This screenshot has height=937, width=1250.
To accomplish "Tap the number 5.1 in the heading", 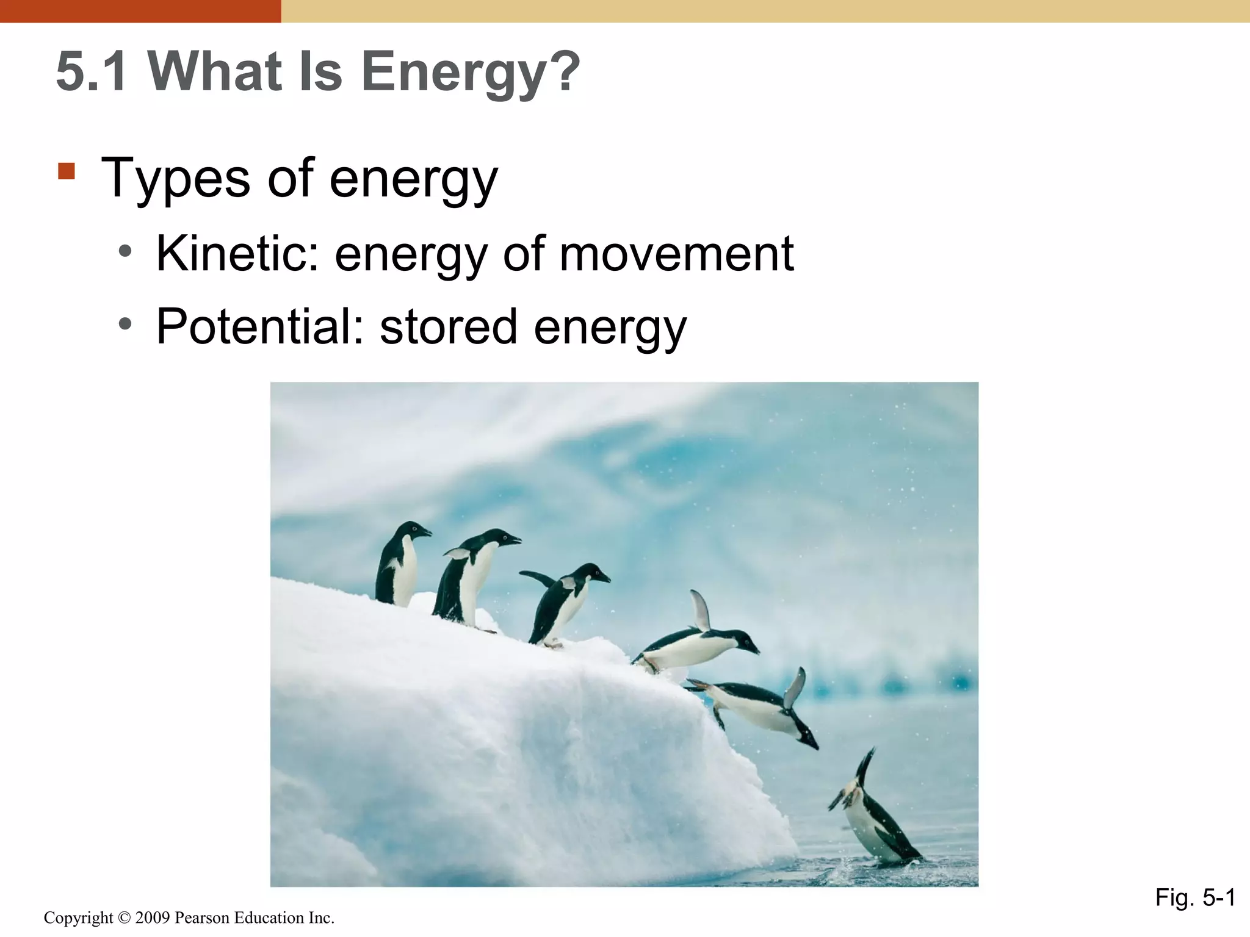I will [92, 72].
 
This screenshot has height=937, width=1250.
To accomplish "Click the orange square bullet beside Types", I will [67, 171].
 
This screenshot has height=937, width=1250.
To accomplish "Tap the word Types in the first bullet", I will [176, 179].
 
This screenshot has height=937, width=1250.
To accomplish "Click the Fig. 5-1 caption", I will [1194, 897].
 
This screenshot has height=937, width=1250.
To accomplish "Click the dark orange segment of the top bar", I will [140, 11].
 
